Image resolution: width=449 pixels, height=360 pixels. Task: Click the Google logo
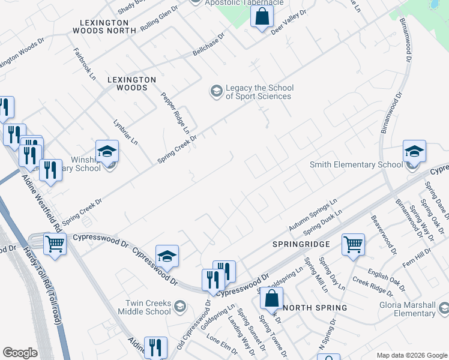20,353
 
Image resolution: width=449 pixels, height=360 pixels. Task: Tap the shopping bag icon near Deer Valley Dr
262,16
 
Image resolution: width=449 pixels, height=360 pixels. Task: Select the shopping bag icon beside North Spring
272,298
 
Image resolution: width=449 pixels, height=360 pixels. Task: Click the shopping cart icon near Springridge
353,244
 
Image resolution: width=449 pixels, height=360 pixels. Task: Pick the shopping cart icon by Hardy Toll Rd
55,244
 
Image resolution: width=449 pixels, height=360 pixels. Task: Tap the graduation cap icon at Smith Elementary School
414,151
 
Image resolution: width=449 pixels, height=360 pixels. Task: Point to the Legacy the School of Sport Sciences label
258,92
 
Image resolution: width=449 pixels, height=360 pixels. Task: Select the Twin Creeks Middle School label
148,308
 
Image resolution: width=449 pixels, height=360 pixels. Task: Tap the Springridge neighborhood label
301,245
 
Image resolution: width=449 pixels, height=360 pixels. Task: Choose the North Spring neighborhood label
315,308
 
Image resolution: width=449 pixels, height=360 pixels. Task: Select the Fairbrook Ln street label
85,64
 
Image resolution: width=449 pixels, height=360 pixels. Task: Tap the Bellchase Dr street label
208,45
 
